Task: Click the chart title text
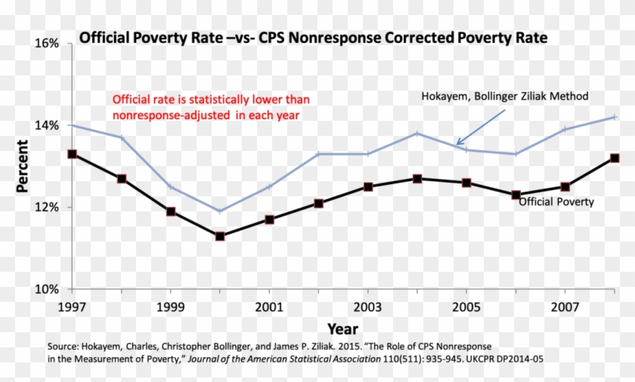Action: point(313,37)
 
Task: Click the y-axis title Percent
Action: point(23,167)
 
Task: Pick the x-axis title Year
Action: point(342,328)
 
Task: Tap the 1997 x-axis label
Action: point(72,307)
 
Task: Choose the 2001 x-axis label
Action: point(269,307)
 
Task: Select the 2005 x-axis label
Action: point(466,307)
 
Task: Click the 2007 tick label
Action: point(564,307)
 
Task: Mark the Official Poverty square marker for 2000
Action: point(220,236)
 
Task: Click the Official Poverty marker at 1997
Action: point(72,154)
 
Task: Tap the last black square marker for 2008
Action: point(614,158)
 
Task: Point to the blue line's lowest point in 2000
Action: point(220,211)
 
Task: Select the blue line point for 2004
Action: point(417,134)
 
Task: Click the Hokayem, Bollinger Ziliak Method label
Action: point(504,97)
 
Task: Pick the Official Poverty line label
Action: point(556,202)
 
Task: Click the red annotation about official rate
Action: point(211,106)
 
